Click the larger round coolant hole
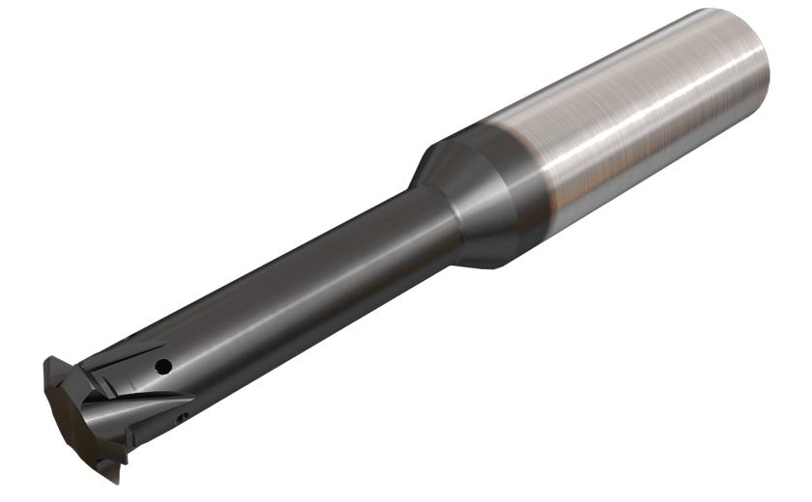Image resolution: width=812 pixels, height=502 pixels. [x=165, y=367]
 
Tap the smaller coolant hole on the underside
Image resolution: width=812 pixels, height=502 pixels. [x=184, y=417]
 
